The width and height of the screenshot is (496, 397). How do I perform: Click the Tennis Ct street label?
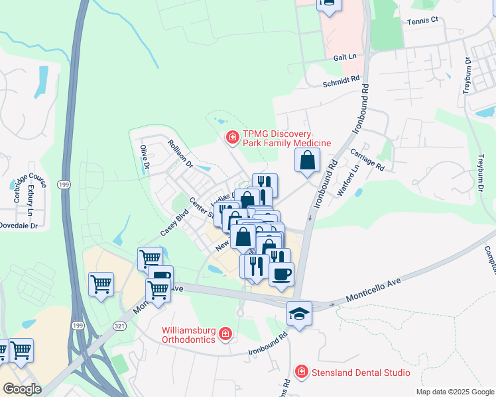[423, 20]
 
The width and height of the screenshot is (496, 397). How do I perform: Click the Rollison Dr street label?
[180, 153]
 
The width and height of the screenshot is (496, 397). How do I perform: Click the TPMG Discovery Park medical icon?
[232, 138]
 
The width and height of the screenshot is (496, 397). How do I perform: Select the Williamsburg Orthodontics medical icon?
[225, 333]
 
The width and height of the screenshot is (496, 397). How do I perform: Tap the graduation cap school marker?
[299, 313]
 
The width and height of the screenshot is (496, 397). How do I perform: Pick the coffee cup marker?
[281, 273]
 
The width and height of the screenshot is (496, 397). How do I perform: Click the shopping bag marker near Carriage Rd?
[308, 160]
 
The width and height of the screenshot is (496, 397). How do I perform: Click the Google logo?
[22, 389]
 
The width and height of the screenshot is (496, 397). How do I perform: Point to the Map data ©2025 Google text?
[455, 392]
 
